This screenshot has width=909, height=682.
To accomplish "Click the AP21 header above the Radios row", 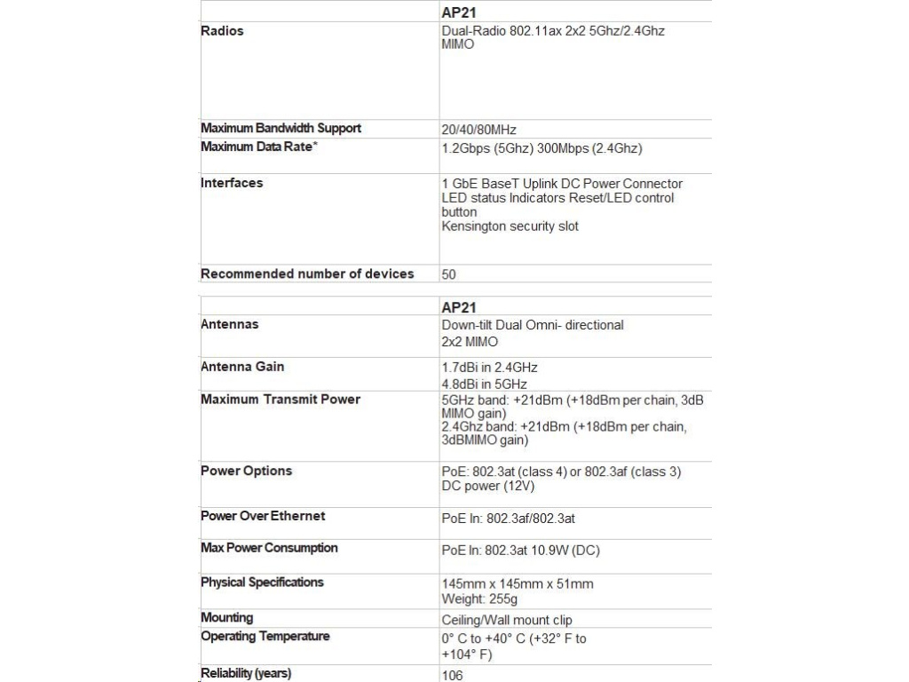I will click(x=459, y=12).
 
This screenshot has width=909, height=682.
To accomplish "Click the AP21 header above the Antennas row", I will click(x=459, y=307).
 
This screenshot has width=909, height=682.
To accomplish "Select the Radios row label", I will click(x=222, y=31).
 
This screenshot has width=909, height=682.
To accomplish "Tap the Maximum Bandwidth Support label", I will click(x=281, y=128).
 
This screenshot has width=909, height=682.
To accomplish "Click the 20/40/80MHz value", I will click(x=478, y=130).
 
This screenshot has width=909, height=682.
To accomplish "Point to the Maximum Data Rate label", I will click(x=258, y=147).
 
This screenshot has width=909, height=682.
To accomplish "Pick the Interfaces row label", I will click(x=232, y=183).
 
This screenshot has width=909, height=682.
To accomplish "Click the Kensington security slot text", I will click(x=510, y=226).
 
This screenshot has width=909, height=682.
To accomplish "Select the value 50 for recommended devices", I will click(x=449, y=274).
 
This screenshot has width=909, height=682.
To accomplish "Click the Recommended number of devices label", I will click(x=307, y=274).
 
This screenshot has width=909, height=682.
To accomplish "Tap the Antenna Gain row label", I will click(x=242, y=367).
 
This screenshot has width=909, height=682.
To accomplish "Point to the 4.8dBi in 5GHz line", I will click(x=484, y=385).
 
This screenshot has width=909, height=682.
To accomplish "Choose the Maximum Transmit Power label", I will click(x=281, y=400).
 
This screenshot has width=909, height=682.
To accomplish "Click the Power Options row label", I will click(x=246, y=471).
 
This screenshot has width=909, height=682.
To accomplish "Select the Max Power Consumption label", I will click(x=269, y=548).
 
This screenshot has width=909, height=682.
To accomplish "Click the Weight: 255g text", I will click(x=479, y=599).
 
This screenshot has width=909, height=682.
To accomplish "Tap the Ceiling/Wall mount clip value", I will click(x=507, y=620).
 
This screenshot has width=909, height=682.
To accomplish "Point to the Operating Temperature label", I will click(x=265, y=637).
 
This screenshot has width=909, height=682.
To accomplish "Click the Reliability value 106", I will click(x=452, y=675).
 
